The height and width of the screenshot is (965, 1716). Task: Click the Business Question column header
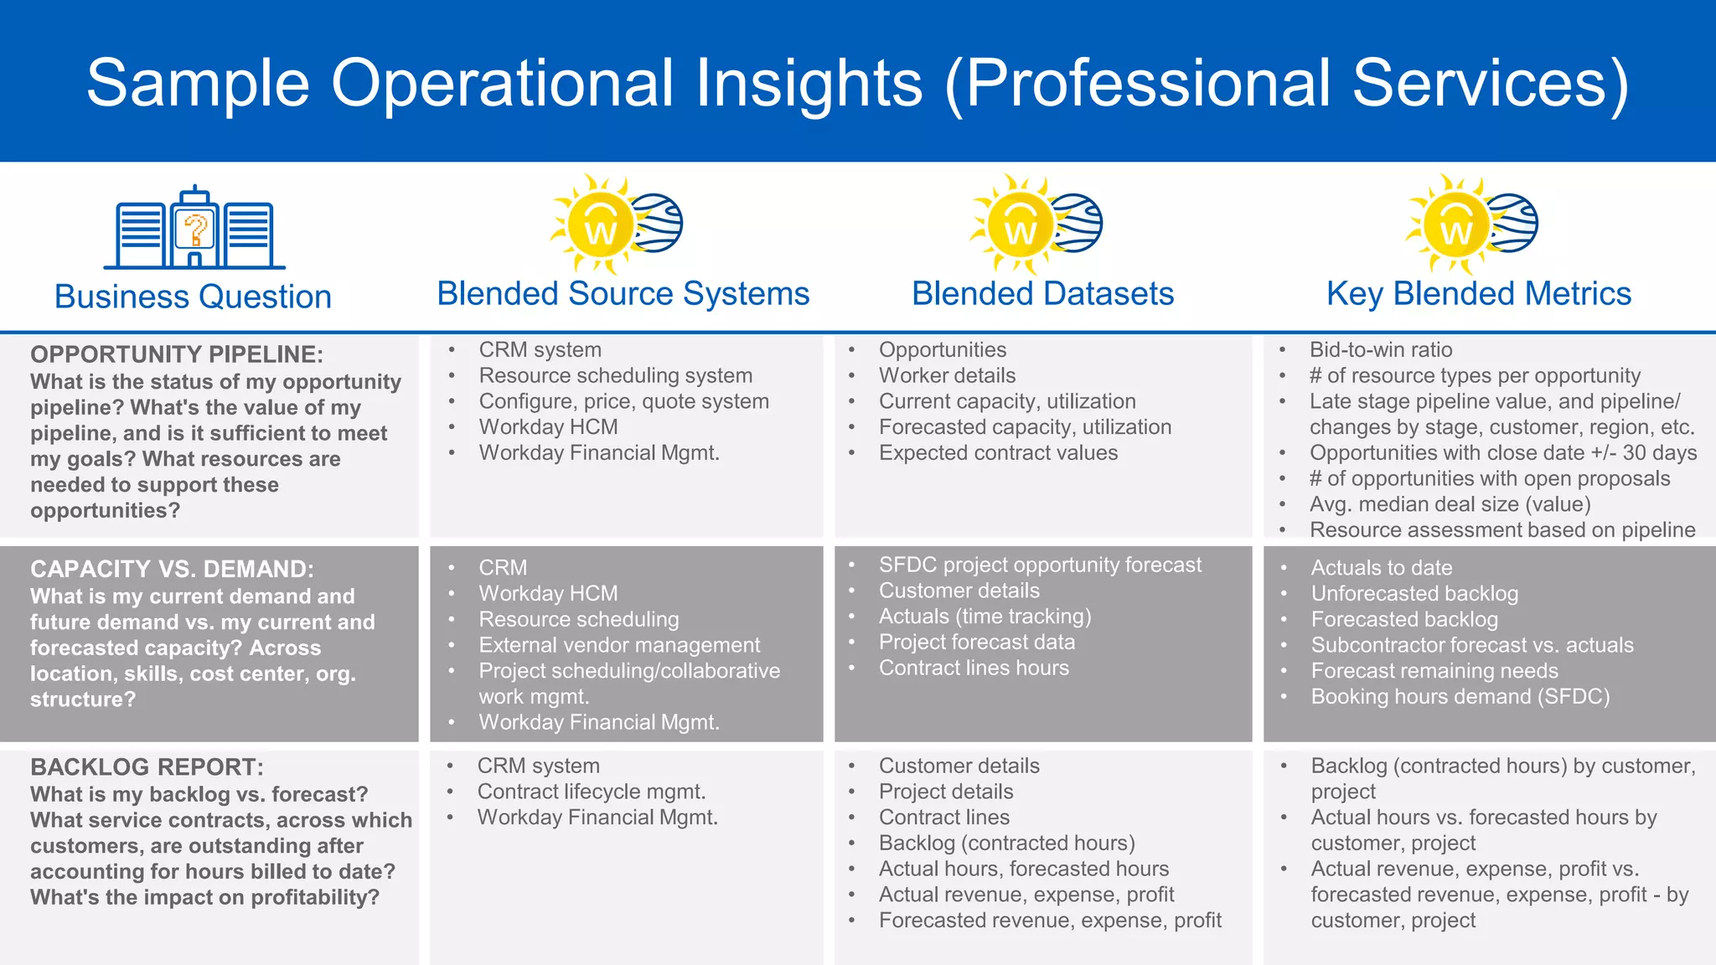tap(193, 297)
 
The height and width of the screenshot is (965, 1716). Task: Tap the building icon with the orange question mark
tap(194, 229)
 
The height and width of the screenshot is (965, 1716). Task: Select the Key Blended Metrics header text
tap(1478, 294)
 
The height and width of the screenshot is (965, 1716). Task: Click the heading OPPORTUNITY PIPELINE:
tap(176, 354)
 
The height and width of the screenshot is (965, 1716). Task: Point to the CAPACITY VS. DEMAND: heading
tap(172, 569)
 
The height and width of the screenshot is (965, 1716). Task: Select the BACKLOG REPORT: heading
tap(147, 766)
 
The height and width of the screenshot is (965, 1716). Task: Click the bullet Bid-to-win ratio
tap(1380, 349)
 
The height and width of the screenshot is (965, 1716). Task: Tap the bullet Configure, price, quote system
tap(623, 401)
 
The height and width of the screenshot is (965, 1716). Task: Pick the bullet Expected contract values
tap(997, 452)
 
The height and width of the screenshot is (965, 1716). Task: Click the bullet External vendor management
tap(619, 645)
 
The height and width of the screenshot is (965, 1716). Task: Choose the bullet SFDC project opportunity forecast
tap(1039, 565)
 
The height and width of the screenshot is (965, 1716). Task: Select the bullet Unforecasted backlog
tap(1414, 593)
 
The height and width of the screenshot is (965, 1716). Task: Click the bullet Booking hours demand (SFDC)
tap(1460, 696)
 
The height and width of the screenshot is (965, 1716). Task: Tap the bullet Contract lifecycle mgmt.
tap(591, 792)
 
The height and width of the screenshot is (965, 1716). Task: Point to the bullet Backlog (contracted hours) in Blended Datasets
tap(1006, 843)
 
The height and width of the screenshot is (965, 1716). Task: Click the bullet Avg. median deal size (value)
tap(1450, 504)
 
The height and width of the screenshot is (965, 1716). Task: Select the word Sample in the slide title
tap(198, 83)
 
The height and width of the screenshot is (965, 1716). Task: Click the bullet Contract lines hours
tap(973, 668)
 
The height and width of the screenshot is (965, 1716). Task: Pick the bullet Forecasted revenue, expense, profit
tap(1049, 920)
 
